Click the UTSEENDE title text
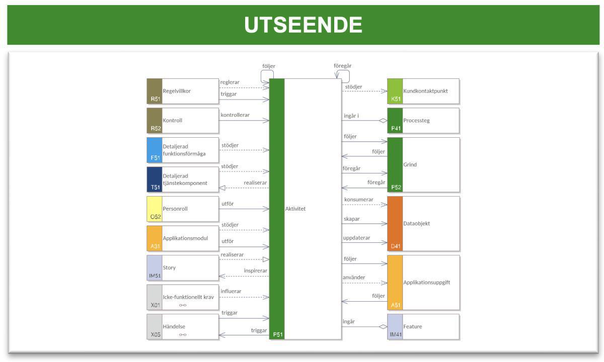(303, 25)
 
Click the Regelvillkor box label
(177, 91)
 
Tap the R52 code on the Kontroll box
(156, 129)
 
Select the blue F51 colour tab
(155, 150)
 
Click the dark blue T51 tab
(155, 179)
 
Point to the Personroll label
(175, 209)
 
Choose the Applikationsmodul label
(185, 238)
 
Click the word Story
(169, 267)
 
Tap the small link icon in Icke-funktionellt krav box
(183, 305)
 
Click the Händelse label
(174, 326)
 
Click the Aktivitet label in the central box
(295, 209)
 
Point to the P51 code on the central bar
(278, 334)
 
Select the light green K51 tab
(395, 91)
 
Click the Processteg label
(416, 120)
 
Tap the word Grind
(410, 164)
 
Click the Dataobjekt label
(416, 224)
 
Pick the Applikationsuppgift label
(427, 282)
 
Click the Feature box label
(413, 326)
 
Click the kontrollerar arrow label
(235, 115)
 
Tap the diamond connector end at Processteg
(383, 121)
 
